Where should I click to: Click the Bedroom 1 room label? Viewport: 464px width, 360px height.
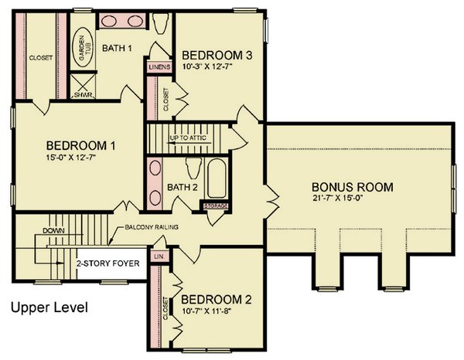coord(80,145)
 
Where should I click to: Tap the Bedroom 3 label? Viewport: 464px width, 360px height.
coord(219,55)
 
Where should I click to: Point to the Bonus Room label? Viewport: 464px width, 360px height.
coord(353,187)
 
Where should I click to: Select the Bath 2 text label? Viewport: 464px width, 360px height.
coord(181,187)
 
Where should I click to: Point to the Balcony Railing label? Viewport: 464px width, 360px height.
coord(152,227)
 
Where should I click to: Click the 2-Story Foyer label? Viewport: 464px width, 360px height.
coord(107,263)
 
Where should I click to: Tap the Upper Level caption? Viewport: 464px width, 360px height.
coord(49,307)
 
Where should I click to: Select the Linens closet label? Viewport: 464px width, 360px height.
coord(158,67)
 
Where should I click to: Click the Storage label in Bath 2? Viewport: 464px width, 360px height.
coord(217,206)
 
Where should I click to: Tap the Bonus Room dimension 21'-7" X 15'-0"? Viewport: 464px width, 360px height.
coord(352,200)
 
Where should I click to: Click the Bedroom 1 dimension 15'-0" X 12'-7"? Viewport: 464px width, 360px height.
coord(80,159)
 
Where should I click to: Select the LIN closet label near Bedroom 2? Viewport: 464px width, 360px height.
coord(159,256)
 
